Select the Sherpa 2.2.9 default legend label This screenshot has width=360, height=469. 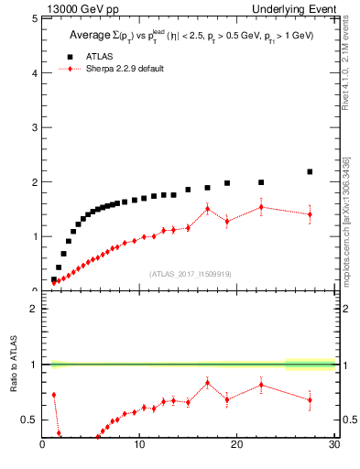[131, 69]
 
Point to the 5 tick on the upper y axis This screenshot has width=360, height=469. [34, 18]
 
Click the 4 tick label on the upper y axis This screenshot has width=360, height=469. [34, 72]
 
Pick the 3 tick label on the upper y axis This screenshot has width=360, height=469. [34, 127]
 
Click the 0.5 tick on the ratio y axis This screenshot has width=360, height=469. [30, 420]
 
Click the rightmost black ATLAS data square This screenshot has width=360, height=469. [310, 171]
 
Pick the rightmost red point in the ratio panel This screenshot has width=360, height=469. [310, 399]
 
